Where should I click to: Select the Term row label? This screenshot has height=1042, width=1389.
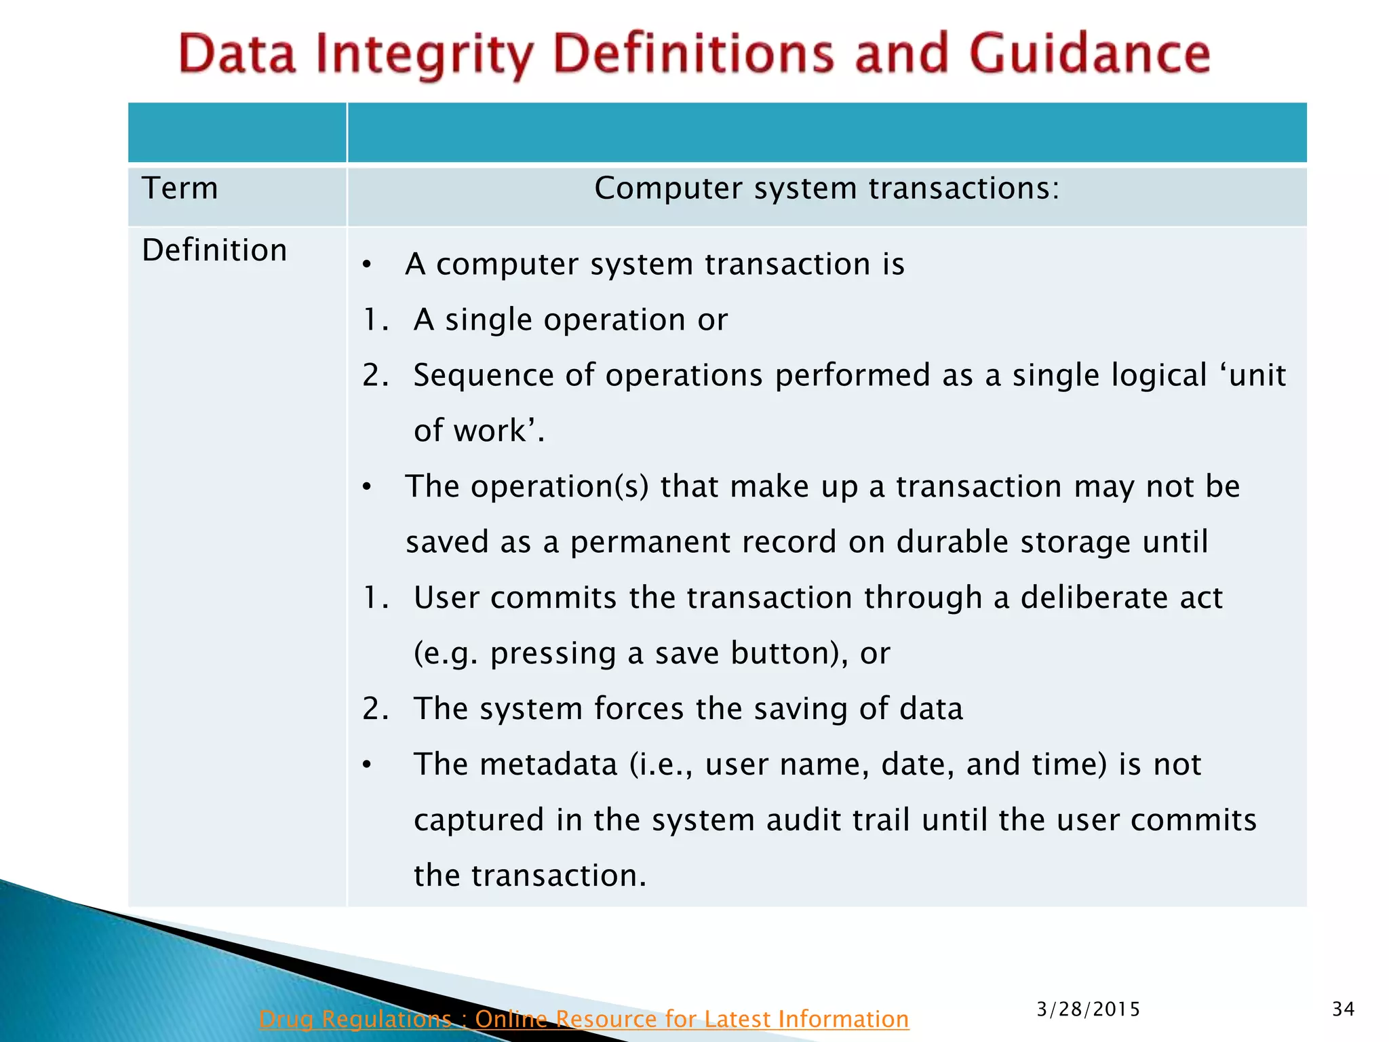tap(180, 188)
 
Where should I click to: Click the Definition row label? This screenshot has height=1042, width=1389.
tap(214, 250)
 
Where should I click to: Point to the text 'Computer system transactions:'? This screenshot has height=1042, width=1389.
tap(827, 188)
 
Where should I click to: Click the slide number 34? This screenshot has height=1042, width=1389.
tap(1343, 1009)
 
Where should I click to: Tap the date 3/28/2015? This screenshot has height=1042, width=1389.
tap(1088, 1009)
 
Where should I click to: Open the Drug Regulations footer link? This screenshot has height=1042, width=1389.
tap(583, 1018)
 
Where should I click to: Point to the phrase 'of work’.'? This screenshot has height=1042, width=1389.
tap(479, 431)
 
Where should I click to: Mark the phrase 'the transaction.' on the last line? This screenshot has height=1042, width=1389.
tap(530, 876)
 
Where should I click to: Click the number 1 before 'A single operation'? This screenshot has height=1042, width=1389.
tap(371, 320)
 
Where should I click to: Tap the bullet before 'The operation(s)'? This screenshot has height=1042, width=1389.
tap(367, 487)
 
